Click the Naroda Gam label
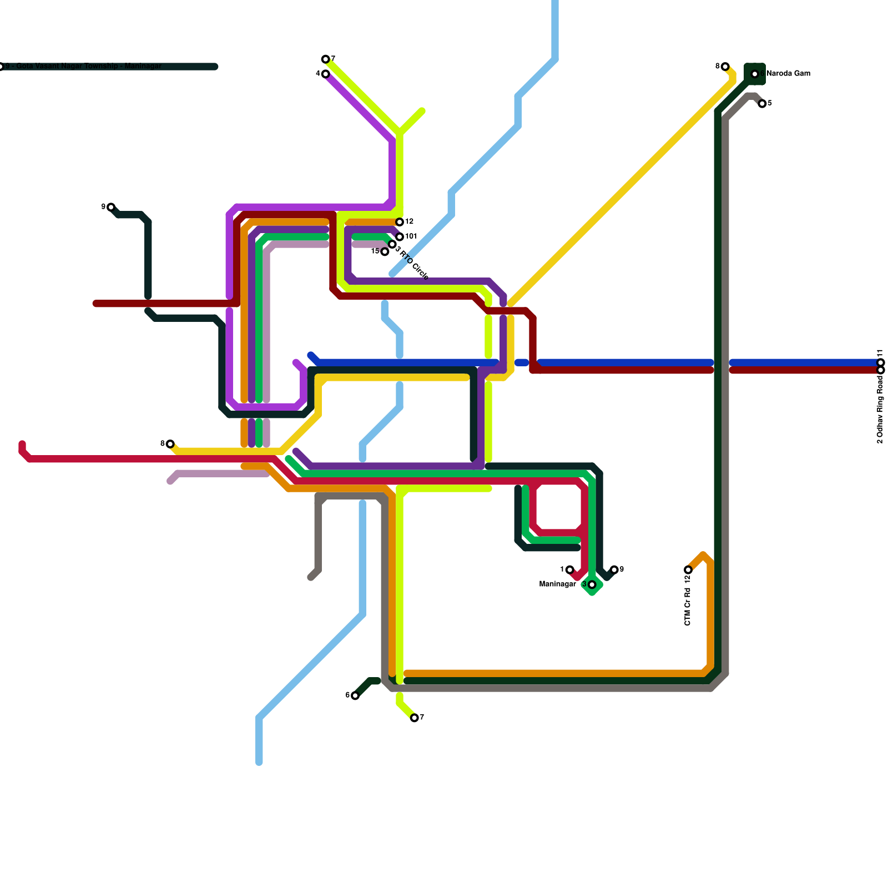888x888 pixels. (x=788, y=74)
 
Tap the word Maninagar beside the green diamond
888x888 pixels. (x=557, y=584)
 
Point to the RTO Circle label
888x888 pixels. (x=414, y=265)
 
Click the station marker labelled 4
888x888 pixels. (x=326, y=74)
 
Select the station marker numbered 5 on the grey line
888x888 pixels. (x=762, y=104)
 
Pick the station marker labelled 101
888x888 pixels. (x=400, y=237)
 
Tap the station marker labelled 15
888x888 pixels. (x=385, y=252)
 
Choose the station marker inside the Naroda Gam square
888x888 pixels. (x=755, y=74)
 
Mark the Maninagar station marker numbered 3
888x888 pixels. (x=592, y=584)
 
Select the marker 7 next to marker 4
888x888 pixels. (x=326, y=59)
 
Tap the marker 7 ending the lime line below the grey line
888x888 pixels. (x=415, y=718)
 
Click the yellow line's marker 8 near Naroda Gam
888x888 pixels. (x=725, y=67)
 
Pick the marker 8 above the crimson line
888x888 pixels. (x=170, y=444)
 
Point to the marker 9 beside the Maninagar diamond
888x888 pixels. (x=614, y=570)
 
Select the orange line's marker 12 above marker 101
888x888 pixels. (x=400, y=222)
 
